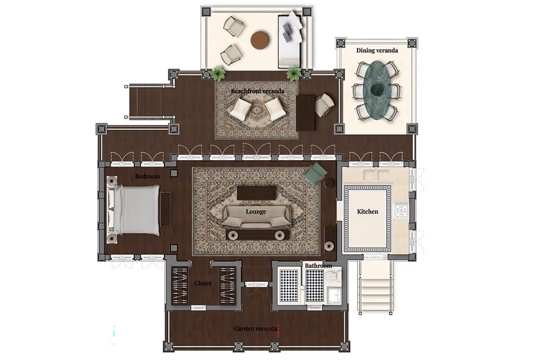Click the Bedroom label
click(148, 176)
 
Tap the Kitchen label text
click(368, 211)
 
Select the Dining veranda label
click(377, 50)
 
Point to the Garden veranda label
click(256, 328)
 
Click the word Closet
click(202, 283)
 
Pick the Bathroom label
click(319, 266)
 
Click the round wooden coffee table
click(260, 40)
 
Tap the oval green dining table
click(377, 90)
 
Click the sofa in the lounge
click(256, 216)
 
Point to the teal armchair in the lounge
click(315, 174)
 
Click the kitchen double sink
click(376, 175)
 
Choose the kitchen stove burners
click(401, 211)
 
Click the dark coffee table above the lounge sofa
click(256, 193)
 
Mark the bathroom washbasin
click(334, 295)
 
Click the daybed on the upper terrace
click(290, 41)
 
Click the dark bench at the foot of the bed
click(165, 209)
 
